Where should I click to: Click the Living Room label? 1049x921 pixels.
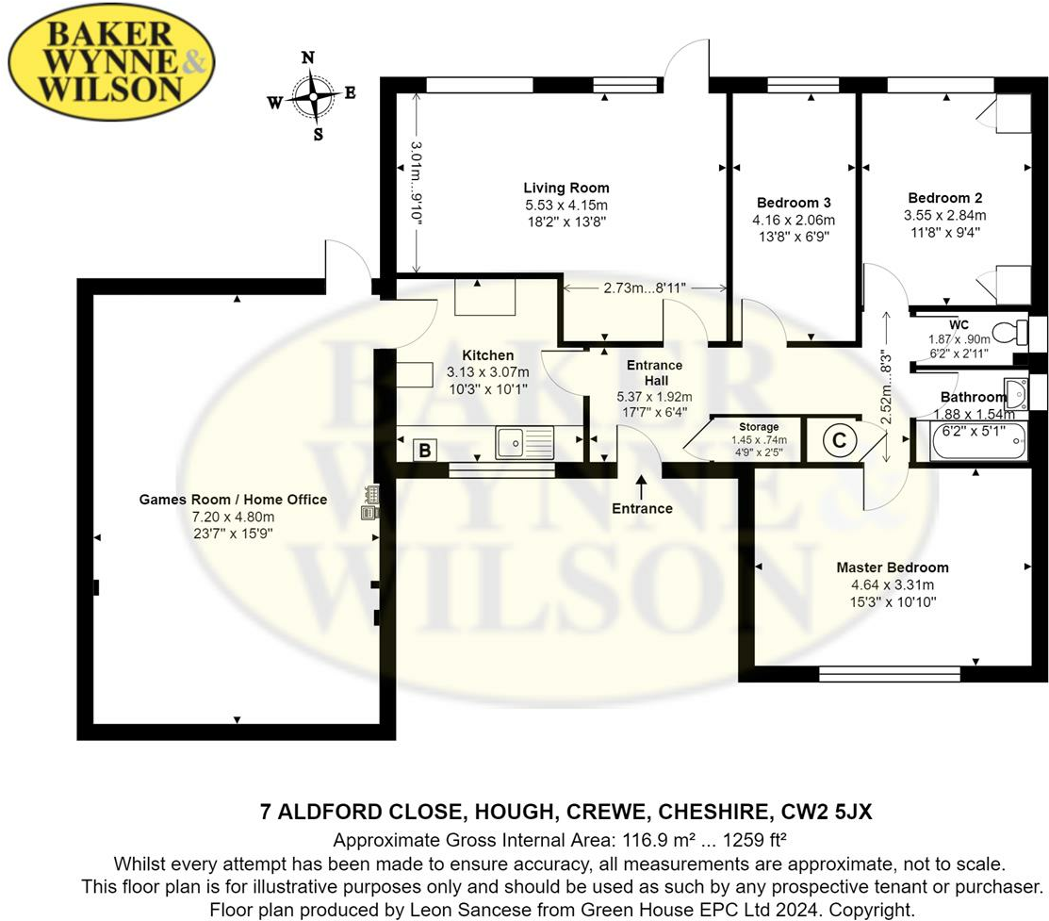coord(566,188)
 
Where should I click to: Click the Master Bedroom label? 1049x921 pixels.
coord(893,567)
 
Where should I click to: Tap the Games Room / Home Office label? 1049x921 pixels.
coord(233,500)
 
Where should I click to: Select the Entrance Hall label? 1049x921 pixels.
coord(653,372)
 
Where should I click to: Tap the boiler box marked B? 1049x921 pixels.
coord(425,451)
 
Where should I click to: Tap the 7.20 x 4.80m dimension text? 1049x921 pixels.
coord(233,517)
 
